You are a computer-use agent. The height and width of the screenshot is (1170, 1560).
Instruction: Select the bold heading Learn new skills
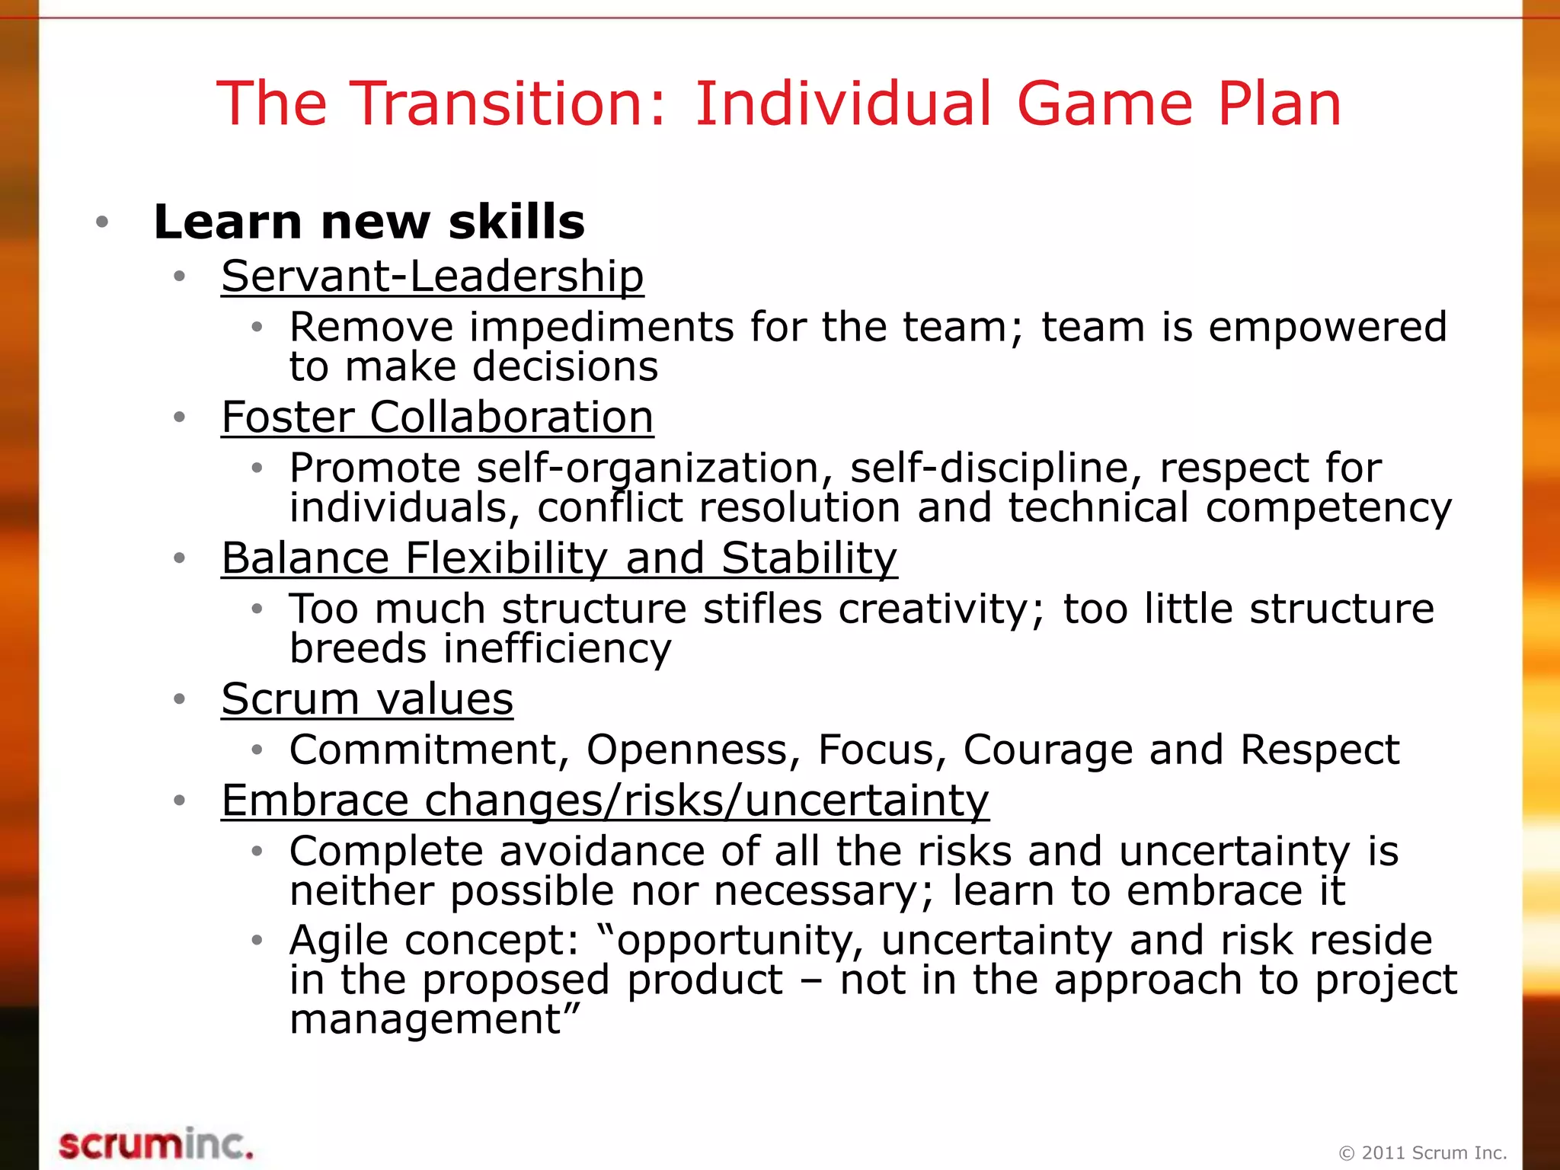tap(369, 222)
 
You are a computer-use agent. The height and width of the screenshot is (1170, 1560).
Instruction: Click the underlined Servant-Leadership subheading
tap(433, 276)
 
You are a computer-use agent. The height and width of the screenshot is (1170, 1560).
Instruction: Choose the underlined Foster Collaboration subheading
tap(437, 417)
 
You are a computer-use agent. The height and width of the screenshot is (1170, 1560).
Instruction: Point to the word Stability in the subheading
tap(810, 558)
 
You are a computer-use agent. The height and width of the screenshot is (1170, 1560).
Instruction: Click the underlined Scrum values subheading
tap(367, 699)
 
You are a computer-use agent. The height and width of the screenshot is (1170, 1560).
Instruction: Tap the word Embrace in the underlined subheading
tap(315, 801)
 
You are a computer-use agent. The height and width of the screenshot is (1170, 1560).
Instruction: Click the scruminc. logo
tap(156, 1145)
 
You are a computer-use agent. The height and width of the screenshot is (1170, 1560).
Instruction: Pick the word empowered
tap(1328, 328)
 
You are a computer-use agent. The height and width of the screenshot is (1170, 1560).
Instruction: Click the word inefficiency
tap(558, 649)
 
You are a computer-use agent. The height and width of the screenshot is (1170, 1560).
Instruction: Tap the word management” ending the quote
tap(435, 1019)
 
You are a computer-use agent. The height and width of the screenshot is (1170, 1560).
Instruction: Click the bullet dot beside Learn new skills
tap(102, 222)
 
